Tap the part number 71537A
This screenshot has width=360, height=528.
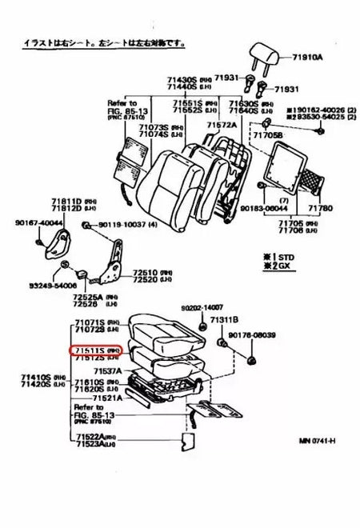tap(108, 371)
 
